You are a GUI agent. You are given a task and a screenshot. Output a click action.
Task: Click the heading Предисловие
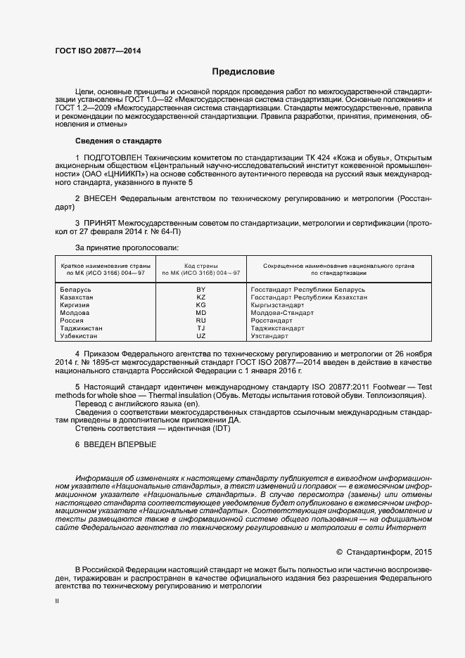(243, 72)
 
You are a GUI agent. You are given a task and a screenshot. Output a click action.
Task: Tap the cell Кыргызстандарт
(279, 305)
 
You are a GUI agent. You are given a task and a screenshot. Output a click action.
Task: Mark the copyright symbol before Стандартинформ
(339, 552)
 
